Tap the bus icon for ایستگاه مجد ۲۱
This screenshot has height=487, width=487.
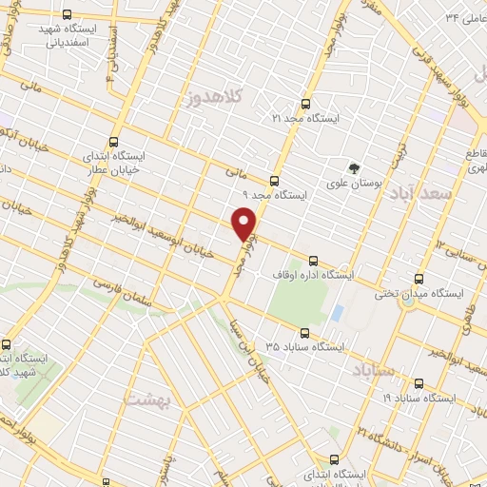coord(305,104)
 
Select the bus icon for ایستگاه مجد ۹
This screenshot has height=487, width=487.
coord(275,181)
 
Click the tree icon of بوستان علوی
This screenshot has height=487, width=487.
coord(355,168)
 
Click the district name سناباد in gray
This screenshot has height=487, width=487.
coord(372,368)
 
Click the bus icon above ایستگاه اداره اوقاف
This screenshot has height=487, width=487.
coord(314,261)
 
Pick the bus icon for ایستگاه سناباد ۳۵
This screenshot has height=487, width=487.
coord(304,333)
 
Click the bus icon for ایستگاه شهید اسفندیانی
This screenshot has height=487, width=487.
coord(66,15)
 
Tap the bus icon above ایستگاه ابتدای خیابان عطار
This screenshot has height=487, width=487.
coord(115,140)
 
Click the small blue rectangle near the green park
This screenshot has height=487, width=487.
coord(337,313)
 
